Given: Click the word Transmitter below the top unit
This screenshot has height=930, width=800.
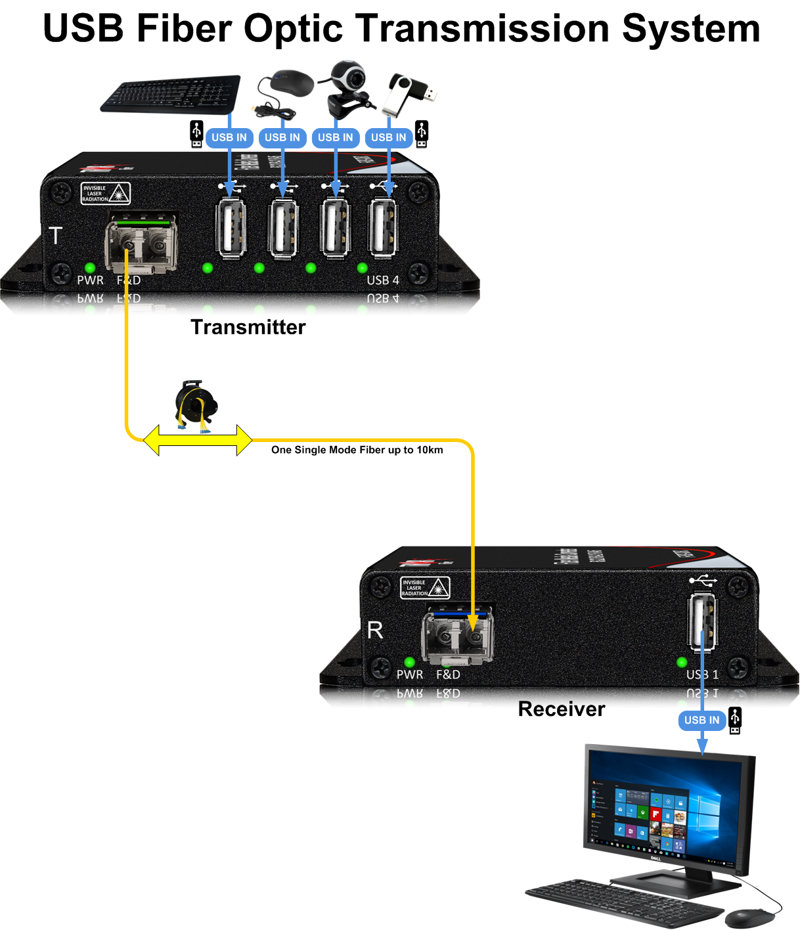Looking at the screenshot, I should [248, 327].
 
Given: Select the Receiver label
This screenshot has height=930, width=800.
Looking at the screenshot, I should [562, 709].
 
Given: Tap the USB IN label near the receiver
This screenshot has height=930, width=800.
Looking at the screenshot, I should [701, 720].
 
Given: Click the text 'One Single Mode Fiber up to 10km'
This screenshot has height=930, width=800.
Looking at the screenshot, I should [357, 450].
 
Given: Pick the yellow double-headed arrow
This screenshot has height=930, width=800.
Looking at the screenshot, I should [198, 440].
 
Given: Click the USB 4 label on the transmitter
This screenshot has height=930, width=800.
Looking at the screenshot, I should [382, 280].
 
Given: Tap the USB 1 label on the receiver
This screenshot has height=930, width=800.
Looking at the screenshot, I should [702, 675].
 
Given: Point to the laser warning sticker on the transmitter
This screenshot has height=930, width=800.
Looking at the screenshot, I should [105, 194].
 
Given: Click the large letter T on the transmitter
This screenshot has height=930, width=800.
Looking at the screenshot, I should [56, 235].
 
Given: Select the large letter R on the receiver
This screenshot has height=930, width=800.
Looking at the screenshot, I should [375, 631].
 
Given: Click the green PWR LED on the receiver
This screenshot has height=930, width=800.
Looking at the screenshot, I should [410, 662].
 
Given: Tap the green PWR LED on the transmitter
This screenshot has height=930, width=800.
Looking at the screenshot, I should [90, 268].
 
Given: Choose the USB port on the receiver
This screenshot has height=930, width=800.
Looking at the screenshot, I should [701, 621].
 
